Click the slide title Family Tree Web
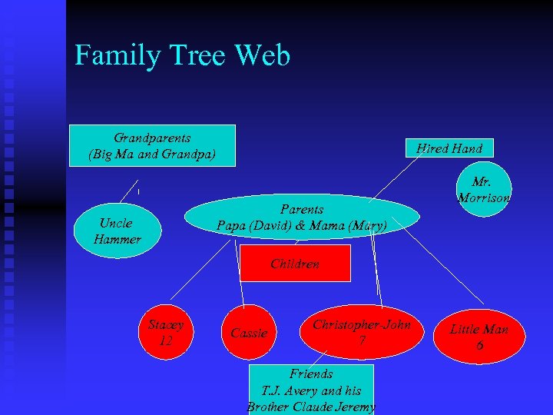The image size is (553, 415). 182,55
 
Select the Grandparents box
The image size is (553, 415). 152,145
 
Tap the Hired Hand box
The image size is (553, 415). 449,148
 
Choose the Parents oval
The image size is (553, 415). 302,217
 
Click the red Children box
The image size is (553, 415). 295,264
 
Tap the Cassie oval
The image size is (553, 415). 250,333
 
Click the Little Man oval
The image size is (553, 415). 478,337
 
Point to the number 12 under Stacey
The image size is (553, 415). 166,340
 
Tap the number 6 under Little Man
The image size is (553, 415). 479,346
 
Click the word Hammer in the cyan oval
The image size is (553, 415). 117,239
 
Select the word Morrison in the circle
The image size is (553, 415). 484,198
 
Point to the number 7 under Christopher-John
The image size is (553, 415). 361,340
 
